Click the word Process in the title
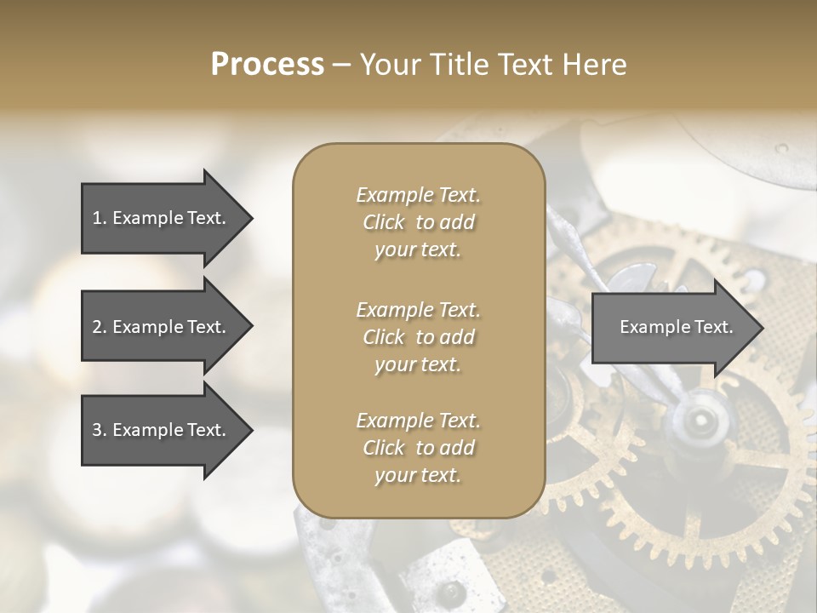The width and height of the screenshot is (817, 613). (x=267, y=65)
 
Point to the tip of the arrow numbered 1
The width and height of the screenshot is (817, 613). (x=250, y=219)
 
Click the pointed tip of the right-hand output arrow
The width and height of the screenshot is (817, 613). (x=761, y=328)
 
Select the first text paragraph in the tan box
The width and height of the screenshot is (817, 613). (x=418, y=222)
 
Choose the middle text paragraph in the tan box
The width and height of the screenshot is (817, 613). (x=418, y=337)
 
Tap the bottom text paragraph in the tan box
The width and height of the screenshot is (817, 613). (x=418, y=448)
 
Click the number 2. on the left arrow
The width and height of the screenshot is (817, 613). (x=100, y=327)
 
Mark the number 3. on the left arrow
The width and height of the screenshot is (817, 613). (x=100, y=430)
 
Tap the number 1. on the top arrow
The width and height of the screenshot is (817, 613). (x=100, y=218)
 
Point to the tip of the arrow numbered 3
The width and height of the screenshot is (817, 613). (x=250, y=431)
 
